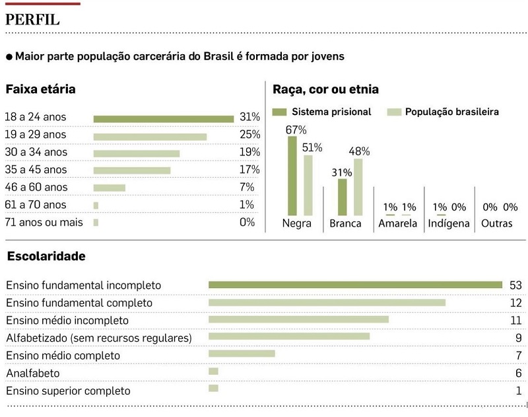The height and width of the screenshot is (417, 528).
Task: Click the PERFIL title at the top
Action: [33, 19]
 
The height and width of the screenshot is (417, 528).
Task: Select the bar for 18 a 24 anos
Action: [163, 119]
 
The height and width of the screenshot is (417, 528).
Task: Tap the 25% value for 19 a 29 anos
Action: [250, 135]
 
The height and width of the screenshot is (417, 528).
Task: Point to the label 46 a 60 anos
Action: [36, 187]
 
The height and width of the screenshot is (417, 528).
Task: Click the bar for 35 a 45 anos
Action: [132, 170]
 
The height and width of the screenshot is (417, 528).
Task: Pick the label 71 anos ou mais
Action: [44, 222]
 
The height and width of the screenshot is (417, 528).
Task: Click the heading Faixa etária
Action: [40, 89]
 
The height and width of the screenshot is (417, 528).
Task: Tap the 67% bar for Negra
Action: [292, 176]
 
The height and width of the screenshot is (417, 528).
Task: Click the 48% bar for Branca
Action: [358, 187]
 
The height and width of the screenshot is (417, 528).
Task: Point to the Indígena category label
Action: [449, 223]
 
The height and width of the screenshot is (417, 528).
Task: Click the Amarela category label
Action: [398, 223]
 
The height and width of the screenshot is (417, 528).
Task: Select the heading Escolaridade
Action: [46, 256]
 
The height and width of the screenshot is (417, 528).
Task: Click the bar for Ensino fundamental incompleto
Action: [355, 285]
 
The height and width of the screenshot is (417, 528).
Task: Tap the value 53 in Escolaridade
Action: [515, 285]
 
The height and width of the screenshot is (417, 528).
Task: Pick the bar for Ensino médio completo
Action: [242, 354]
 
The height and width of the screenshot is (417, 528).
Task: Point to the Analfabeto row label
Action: [33, 373]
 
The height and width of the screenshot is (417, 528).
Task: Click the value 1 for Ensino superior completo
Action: [519, 391]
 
